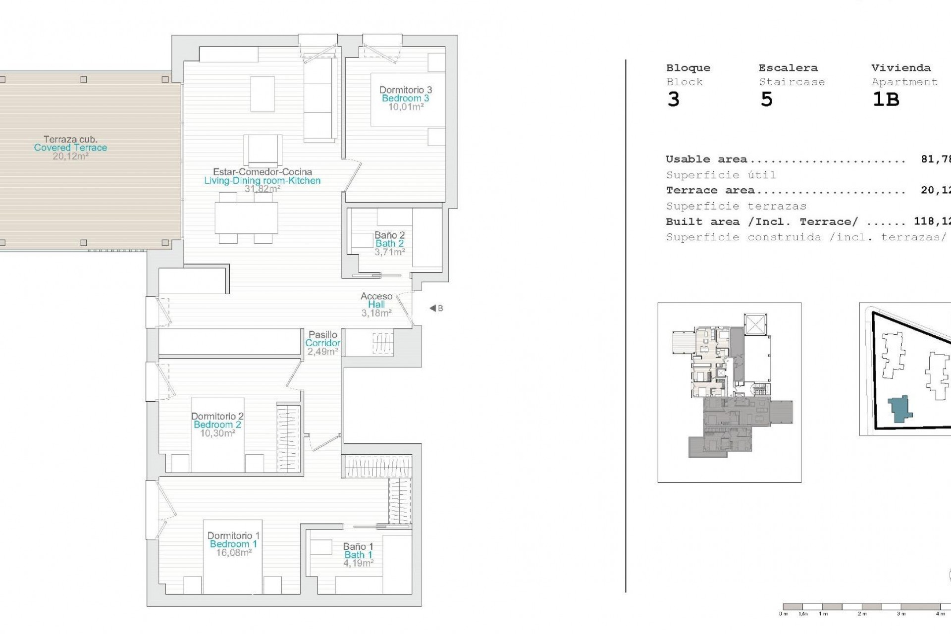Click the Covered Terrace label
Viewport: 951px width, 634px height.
click(70, 148)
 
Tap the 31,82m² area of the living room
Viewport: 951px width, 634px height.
click(263, 189)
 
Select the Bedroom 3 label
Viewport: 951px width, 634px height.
click(405, 98)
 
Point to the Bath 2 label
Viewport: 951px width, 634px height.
click(389, 243)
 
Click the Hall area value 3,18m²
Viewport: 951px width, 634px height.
click(376, 313)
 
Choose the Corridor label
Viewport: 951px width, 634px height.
click(322, 343)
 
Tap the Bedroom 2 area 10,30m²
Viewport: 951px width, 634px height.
click(217, 433)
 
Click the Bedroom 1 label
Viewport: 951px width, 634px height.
click(233, 544)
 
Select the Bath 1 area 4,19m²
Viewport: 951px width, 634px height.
click(358, 563)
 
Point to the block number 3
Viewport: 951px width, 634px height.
click(673, 100)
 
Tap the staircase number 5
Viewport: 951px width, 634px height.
click(766, 100)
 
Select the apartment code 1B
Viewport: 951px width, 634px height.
click(885, 100)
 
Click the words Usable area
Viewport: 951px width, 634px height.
click(706, 159)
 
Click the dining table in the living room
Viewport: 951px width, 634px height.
click(246, 218)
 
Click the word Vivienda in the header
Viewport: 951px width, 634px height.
click(900, 68)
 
